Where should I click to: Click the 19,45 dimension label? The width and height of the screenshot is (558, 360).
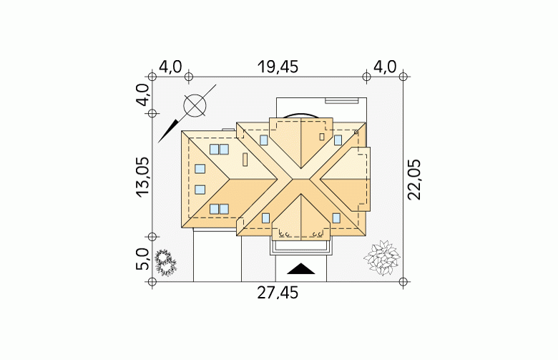(278, 67)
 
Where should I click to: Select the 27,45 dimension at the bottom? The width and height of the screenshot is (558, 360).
(278, 293)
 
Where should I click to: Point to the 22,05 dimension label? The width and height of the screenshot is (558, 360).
(414, 180)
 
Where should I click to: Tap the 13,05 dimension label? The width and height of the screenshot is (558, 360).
(142, 177)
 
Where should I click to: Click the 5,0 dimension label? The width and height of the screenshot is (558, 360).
(142, 259)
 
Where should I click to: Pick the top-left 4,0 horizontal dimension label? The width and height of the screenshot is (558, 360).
(170, 67)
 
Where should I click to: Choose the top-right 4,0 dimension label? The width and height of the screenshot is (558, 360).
(384, 67)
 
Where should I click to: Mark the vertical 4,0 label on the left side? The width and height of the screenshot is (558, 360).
(142, 94)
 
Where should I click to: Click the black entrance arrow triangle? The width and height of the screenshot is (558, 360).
(301, 269)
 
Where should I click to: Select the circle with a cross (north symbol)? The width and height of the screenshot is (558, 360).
(195, 105)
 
